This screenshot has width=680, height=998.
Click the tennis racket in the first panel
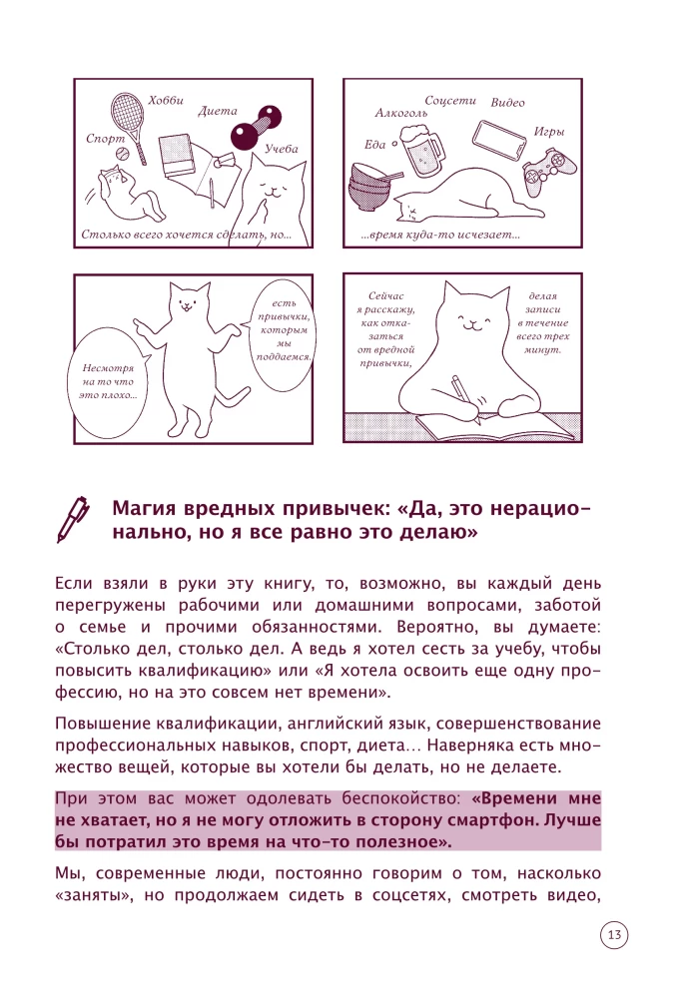(128, 123)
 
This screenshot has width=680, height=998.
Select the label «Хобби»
(166, 101)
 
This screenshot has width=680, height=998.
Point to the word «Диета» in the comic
(217, 111)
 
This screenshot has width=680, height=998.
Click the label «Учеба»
(282, 149)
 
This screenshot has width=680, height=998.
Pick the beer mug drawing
(420, 149)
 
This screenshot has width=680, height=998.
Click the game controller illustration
(549, 168)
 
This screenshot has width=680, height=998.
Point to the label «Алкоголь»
(401, 114)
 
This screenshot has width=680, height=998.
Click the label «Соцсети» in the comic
(450, 101)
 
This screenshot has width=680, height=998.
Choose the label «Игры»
(549, 132)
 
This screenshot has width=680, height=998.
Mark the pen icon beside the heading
(73, 519)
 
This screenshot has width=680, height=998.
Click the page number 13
(614, 935)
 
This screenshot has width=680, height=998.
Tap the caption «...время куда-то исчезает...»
(440, 235)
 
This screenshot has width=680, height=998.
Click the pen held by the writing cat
(465, 399)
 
